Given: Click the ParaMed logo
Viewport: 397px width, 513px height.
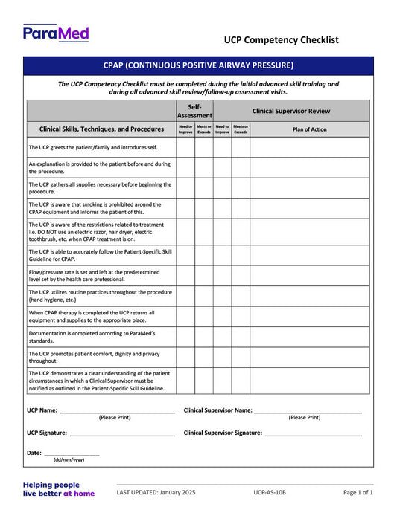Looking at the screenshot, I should pyautogui.click(x=56, y=33).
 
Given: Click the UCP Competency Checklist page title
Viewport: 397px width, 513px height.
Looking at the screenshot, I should pyautogui.click(x=281, y=40).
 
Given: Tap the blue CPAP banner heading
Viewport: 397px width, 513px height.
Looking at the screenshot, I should pyautogui.click(x=198, y=65).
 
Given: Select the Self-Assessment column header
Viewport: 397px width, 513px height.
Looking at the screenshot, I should pyautogui.click(x=194, y=111).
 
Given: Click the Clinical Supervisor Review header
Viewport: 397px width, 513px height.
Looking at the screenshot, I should pyautogui.click(x=291, y=111).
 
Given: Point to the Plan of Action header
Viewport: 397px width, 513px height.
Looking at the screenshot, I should pyautogui.click(x=309, y=129).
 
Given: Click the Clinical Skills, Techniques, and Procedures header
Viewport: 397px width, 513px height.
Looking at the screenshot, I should pyautogui.click(x=101, y=129).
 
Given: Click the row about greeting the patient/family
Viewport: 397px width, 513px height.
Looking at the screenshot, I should pyautogui.click(x=93, y=147).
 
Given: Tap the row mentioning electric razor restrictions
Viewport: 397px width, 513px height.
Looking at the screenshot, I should pyautogui.click(x=96, y=231).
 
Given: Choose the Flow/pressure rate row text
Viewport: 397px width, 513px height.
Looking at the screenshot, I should pyautogui.click(x=96, y=277).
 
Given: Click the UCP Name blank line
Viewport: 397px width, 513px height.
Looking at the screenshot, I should pyautogui.click(x=117, y=410).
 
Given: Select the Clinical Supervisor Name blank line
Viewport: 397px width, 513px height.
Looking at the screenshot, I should pyautogui.click(x=308, y=410).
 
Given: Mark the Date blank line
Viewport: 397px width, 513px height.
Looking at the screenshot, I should pyautogui.click(x=72, y=454).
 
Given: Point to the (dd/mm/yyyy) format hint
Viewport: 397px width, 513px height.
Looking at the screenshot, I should pyautogui.click(x=69, y=460).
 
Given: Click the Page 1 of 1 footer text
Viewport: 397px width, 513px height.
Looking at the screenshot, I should pyautogui.click(x=358, y=492).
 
